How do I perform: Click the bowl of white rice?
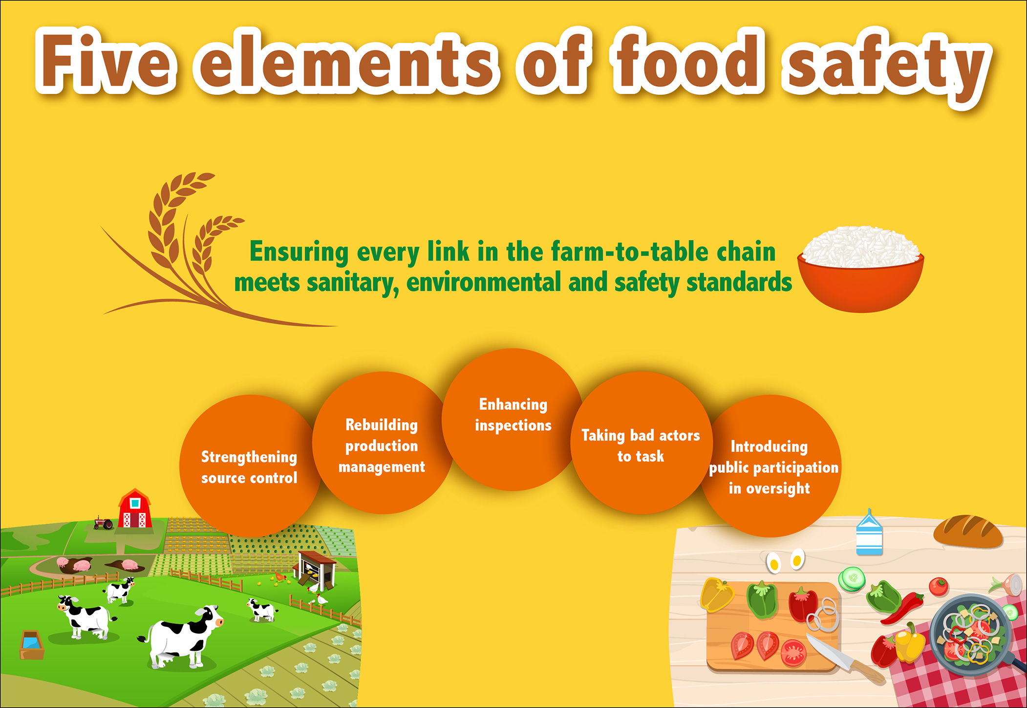pyautogui.click(x=861, y=268)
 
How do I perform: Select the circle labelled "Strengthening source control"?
pyautogui.click(x=250, y=466)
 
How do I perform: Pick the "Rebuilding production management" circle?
pyautogui.click(x=383, y=443)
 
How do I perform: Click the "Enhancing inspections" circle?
pyautogui.click(x=513, y=420)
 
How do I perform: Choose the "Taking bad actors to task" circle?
pyautogui.click(x=642, y=443)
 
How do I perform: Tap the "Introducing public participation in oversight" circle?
pyautogui.click(x=770, y=466)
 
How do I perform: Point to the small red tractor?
pyautogui.click(x=104, y=523)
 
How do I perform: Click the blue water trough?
pyautogui.click(x=31, y=644)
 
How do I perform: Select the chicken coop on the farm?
pyautogui.click(x=316, y=569)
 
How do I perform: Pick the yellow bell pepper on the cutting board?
pyautogui.click(x=716, y=594)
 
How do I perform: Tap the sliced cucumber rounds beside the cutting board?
pyautogui.click(x=852, y=578)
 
